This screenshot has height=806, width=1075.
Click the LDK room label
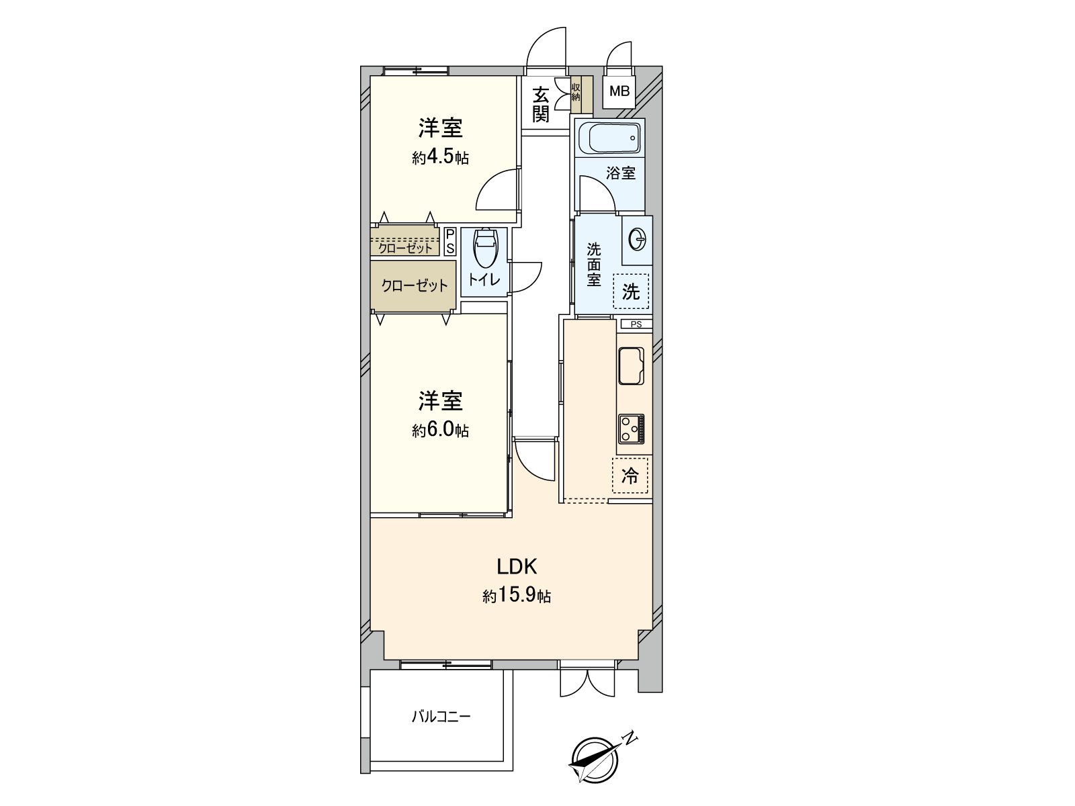(x=516, y=567)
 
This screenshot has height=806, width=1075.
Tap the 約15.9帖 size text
(x=517, y=596)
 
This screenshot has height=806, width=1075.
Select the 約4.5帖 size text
(x=440, y=158)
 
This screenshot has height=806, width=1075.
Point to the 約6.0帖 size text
(x=440, y=430)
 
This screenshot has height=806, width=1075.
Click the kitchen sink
(x=631, y=365)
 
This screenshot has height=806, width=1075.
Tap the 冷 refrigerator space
(x=630, y=476)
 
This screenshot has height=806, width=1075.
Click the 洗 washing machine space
(x=631, y=292)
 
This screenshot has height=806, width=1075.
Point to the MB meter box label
(x=619, y=91)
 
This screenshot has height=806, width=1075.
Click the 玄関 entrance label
(x=541, y=104)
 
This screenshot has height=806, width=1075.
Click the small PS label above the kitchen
(x=636, y=324)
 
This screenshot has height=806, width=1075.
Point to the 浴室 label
(x=621, y=173)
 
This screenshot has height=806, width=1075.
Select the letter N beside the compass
(x=630, y=738)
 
